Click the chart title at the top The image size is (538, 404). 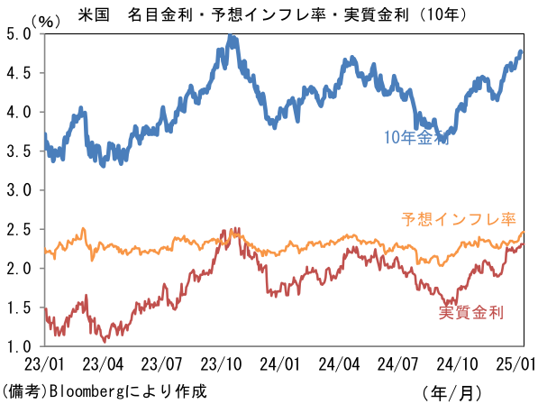[x=272, y=14]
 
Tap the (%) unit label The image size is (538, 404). [x=45, y=22]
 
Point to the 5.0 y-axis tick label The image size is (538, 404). [x=19, y=34]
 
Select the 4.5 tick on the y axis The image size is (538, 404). [x=19, y=73]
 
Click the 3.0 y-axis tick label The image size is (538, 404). [x=19, y=190]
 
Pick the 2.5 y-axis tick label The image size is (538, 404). [x=19, y=229]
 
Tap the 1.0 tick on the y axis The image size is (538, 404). [x=19, y=346]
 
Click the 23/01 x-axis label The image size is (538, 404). [x=44, y=363]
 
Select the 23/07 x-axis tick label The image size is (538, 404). [x=161, y=363]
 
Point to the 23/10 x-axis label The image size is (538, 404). [x=221, y=363]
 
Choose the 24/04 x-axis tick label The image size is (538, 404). [x=339, y=363]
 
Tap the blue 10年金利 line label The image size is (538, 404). [x=416, y=137]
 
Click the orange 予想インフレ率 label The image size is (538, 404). [x=459, y=219]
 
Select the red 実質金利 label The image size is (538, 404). [x=470, y=312]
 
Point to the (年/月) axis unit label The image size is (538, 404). [x=451, y=393]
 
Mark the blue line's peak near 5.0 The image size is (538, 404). [x=230, y=35]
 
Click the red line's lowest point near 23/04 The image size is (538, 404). [x=105, y=341]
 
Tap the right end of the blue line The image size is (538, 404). [x=521, y=51]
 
